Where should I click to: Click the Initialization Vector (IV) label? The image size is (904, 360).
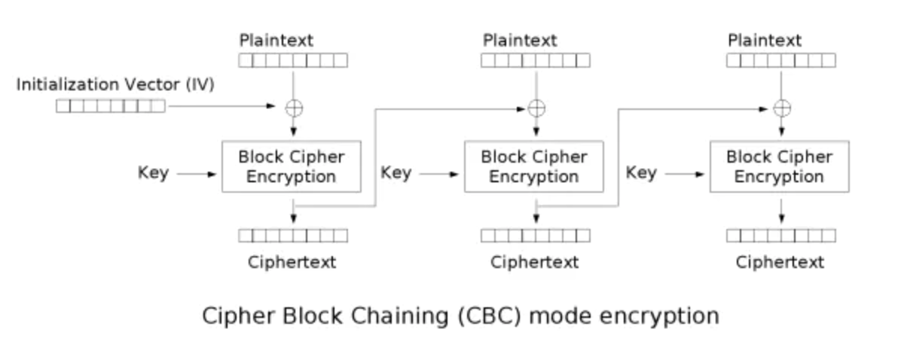pos(115,84)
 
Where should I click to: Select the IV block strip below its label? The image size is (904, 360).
pos(110,106)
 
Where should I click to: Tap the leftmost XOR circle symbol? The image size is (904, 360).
pos(293,108)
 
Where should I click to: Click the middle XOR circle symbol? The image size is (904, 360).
pos(536,108)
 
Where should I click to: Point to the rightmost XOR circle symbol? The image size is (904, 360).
pos(782,108)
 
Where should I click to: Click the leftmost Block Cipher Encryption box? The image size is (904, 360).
pos(291,166)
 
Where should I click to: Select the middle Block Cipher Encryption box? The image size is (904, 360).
pos(533,166)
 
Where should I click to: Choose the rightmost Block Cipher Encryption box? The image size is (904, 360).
pos(779,166)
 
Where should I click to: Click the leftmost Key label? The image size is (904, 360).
pos(153,172)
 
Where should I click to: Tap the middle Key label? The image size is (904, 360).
pos(395,172)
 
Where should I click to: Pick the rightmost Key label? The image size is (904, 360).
pos(641,172)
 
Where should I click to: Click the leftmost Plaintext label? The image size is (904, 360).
pos(276,40)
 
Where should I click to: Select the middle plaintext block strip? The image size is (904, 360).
pos(536,61)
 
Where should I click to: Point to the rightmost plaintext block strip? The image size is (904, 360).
pos(781,61)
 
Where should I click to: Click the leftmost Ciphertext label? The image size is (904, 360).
pos(292,262)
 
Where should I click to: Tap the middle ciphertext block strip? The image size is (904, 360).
pos(536,236)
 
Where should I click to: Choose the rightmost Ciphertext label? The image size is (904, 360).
pos(780,262)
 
